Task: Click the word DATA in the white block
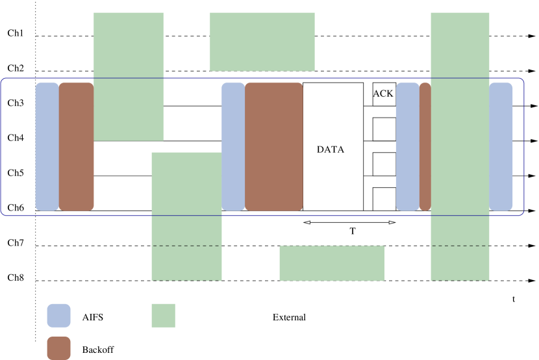tap(331, 149)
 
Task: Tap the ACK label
tap(383, 94)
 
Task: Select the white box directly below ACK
tap(384, 129)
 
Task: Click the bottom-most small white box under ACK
tap(384, 199)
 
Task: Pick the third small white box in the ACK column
tap(384, 164)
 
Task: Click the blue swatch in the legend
tap(58, 315)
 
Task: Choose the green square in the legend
tap(163, 315)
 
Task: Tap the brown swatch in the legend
tap(58, 348)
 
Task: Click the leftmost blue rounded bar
tap(47, 146)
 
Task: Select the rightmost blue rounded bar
tap(501, 146)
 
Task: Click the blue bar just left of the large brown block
tap(233, 146)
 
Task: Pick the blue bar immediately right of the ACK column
tap(408, 146)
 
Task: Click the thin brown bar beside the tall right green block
tap(425, 146)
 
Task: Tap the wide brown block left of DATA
tap(273, 146)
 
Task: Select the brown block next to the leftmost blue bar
tap(76, 146)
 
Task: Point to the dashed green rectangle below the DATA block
tap(331, 263)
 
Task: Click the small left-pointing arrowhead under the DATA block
tap(307, 223)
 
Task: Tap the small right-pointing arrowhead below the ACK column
tap(392, 223)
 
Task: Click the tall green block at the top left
tap(129, 76)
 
